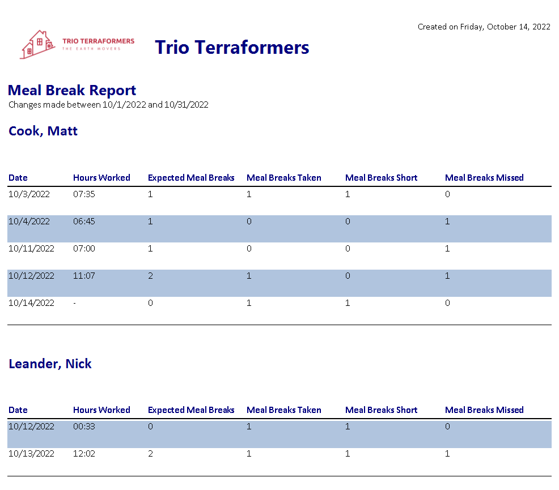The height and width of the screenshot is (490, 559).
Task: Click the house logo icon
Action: point(37,45)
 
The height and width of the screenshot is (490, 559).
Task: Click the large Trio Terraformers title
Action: point(232,48)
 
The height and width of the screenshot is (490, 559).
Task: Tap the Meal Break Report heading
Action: point(72,90)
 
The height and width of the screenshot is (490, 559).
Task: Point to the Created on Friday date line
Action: point(484,27)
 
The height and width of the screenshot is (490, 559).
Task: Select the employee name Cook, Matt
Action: point(43,131)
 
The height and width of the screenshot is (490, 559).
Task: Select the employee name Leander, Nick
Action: point(50,364)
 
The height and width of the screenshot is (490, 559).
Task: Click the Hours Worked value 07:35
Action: point(84,194)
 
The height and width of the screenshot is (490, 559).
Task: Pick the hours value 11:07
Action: point(84,276)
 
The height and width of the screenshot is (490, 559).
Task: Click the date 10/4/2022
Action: point(29,221)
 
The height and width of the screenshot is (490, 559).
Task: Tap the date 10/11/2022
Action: point(31,249)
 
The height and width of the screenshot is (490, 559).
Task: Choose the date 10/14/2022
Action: point(31,303)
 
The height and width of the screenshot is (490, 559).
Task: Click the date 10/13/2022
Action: point(31,454)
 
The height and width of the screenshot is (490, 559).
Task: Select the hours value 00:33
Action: point(84,426)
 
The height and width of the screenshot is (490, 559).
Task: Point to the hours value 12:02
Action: point(84,454)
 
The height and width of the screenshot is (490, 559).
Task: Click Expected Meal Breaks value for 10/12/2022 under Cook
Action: point(150,276)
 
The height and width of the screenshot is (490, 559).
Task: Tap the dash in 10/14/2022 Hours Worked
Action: point(74,304)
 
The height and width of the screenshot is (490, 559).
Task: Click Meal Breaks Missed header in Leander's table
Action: point(484,410)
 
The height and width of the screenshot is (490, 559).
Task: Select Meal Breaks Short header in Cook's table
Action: point(381,178)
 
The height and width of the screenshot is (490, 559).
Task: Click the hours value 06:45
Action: point(84,221)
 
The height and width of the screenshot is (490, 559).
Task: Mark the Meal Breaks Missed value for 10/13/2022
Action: point(447,454)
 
